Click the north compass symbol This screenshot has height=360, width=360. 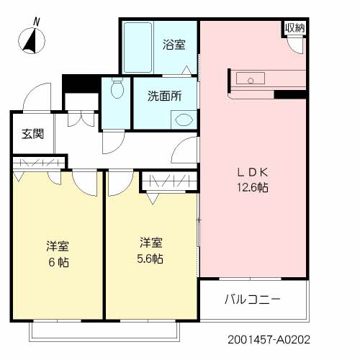(32, 41)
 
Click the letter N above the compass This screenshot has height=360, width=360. (36, 22)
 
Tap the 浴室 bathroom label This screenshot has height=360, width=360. (174, 45)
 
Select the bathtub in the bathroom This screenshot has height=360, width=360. (138, 48)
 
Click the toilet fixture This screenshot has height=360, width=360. (117, 88)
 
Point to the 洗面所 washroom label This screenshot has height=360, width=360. (165, 96)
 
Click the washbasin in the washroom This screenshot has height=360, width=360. (184, 120)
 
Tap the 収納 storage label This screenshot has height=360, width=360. (295, 28)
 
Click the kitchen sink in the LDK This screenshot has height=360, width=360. (251, 78)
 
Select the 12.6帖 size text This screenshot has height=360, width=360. (253, 187)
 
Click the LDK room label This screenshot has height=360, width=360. (253, 172)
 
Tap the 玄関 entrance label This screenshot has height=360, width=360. (33, 134)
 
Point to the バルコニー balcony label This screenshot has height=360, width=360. (253, 300)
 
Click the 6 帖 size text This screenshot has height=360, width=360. (59, 262)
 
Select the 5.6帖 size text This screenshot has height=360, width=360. (150, 258)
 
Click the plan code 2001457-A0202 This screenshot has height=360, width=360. (269, 340)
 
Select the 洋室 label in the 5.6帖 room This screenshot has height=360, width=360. (151, 243)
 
